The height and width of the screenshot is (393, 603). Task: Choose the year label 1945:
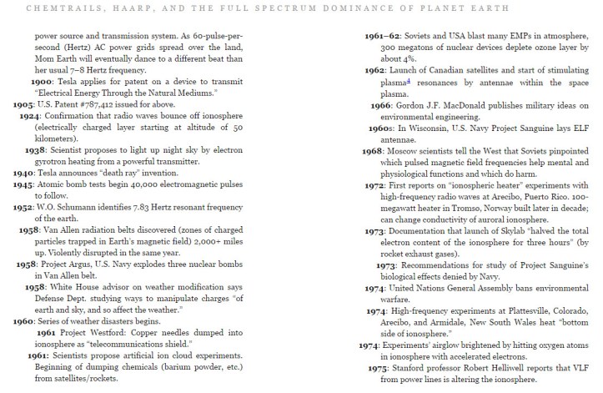click(23, 183)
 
